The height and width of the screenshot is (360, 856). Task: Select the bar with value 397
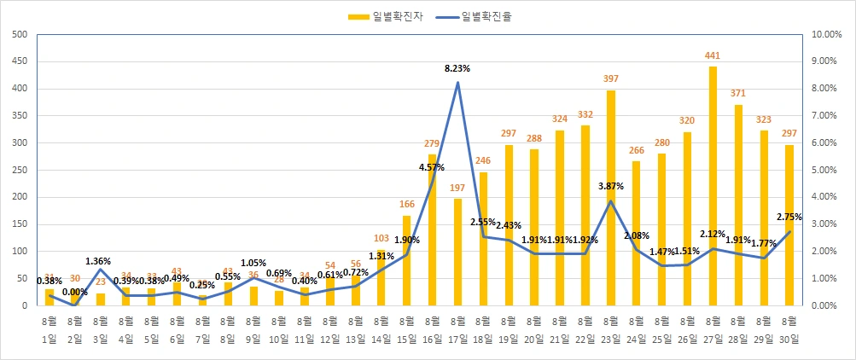pyautogui.click(x=611, y=197)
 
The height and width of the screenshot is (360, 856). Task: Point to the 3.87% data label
pyautogui.click(x=611, y=185)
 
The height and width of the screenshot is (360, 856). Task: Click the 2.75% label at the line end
pyautogui.click(x=789, y=218)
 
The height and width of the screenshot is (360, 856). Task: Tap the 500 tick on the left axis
pyautogui.click(x=20, y=34)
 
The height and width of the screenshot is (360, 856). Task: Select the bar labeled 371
pyautogui.click(x=738, y=205)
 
